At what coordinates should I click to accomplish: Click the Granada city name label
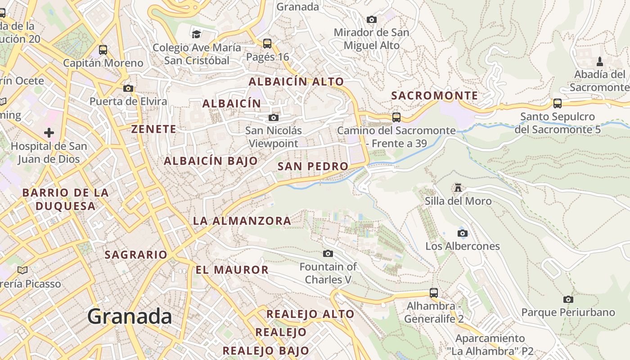[x=130, y=317]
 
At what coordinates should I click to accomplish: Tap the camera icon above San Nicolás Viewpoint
[x=273, y=118]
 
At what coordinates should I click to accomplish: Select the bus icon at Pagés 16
[x=267, y=44]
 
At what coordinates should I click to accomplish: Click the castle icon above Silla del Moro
[x=458, y=187]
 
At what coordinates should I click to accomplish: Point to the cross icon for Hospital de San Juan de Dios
[x=49, y=133]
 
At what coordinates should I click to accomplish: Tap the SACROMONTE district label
[x=434, y=96]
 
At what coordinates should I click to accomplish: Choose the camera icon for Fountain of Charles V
[x=328, y=254]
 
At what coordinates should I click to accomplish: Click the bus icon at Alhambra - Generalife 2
[x=434, y=293]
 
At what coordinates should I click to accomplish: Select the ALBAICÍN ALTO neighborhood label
[x=296, y=82]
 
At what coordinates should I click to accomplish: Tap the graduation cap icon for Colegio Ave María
[x=196, y=34]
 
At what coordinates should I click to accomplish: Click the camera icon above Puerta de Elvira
[x=128, y=88]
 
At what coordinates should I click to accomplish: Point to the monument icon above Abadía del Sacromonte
[x=599, y=61]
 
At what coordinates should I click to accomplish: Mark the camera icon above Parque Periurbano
[x=568, y=299]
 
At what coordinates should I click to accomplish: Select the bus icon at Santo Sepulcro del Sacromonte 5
[x=558, y=103]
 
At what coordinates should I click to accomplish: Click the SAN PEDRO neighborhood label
[x=313, y=166]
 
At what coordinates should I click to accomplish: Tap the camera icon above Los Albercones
[x=462, y=233]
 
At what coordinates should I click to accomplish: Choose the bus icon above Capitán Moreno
[x=103, y=50]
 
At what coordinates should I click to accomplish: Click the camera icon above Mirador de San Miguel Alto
[x=371, y=19]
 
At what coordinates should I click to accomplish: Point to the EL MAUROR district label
[x=232, y=270]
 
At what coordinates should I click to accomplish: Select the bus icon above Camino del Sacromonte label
[x=396, y=117]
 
